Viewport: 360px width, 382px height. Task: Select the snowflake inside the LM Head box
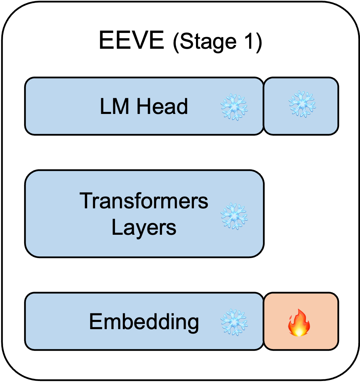pyautogui.click(x=234, y=107)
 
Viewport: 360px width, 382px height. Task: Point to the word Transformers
pyautogui.click(x=144, y=201)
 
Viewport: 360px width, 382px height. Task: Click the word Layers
pyautogui.click(x=144, y=227)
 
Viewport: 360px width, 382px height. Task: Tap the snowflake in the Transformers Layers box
pyautogui.click(x=234, y=216)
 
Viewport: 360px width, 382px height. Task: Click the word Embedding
pyautogui.click(x=144, y=322)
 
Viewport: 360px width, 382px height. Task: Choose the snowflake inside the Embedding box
pyautogui.click(x=234, y=322)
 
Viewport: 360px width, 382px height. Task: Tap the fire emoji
pyautogui.click(x=299, y=323)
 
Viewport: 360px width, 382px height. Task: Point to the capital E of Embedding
pyautogui.click(x=95, y=322)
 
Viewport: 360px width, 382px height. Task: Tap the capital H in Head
pyautogui.click(x=142, y=106)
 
